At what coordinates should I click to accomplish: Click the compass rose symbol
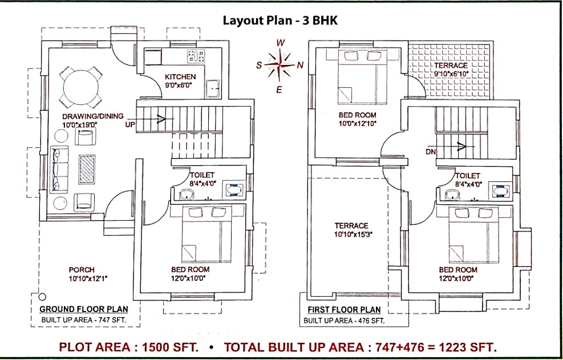[x=279, y=65]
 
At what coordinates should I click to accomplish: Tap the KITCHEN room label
[x=180, y=77]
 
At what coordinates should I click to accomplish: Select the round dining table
[x=81, y=87]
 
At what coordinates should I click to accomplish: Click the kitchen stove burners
[x=196, y=56]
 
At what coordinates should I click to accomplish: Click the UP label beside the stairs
[x=130, y=125]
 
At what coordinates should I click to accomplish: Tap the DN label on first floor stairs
[x=431, y=152]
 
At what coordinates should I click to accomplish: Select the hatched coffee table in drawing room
[x=87, y=169]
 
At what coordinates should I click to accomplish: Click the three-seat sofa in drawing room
[x=59, y=169]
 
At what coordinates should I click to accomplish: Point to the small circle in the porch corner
[x=42, y=297]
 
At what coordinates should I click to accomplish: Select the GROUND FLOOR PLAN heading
[x=84, y=309]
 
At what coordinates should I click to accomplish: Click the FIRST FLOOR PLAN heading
[x=344, y=310]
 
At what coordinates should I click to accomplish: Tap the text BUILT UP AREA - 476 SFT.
[x=343, y=321]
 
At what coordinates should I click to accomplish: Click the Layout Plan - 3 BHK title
[x=280, y=20]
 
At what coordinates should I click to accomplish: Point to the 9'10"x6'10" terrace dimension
[x=451, y=74]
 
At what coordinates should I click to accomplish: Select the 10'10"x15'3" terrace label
[x=351, y=234]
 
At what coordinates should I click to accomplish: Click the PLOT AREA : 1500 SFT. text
[x=128, y=347]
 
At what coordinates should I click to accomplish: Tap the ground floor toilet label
[x=202, y=175]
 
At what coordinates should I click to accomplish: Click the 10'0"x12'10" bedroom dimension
[x=358, y=124]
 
